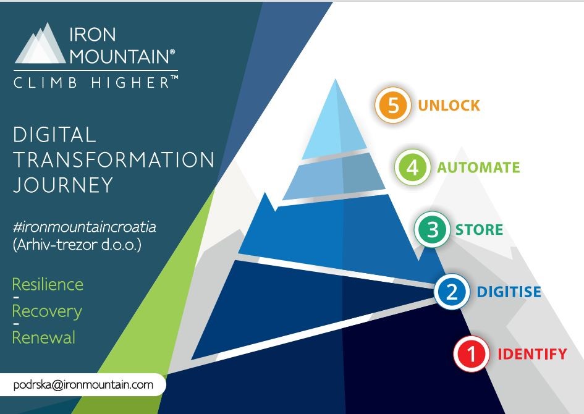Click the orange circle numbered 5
tap(393, 105)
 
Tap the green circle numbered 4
tap(413, 167)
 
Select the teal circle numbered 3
tap(432, 230)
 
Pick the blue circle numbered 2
tap(452, 292)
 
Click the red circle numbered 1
tap(472, 353)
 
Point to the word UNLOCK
tap(449, 106)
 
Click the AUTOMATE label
tap(478, 167)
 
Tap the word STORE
tap(480, 230)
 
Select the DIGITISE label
tap(509, 292)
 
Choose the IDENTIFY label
tap(532, 353)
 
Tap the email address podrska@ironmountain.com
tap(83, 384)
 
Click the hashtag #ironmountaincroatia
tap(84, 227)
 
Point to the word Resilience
tap(48, 284)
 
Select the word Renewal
tap(44, 337)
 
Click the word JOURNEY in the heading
tap(63, 185)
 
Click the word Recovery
tap(47, 311)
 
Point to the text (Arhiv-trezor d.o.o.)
tap(77, 245)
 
